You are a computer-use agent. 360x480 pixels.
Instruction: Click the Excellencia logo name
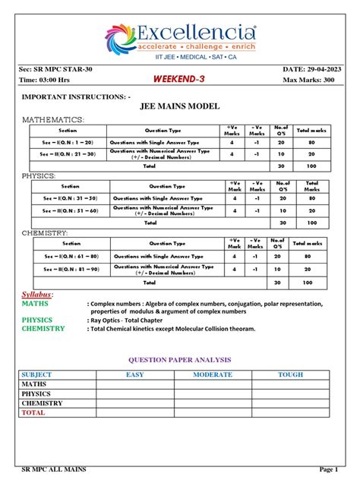point(196,33)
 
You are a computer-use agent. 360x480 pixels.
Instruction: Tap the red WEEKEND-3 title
point(176,80)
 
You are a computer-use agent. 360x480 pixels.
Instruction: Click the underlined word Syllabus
point(36,294)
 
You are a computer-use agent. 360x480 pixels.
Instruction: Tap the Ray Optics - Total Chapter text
point(134,321)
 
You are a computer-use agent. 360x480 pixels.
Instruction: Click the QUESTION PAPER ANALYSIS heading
point(179,359)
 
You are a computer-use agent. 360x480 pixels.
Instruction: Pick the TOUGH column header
point(289,375)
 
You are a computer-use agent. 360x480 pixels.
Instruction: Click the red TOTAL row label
point(33,413)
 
